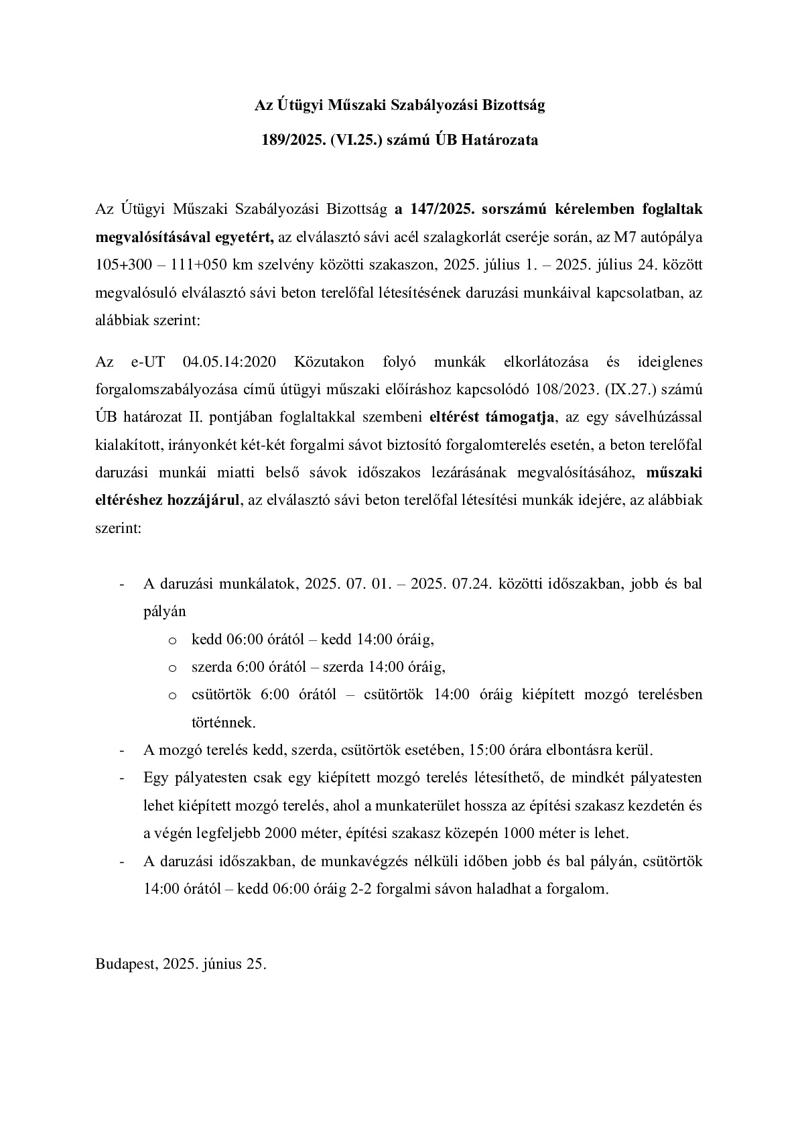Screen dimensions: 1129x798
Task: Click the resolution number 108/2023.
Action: (x=582, y=390)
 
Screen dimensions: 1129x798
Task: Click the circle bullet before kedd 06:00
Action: (x=173, y=640)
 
